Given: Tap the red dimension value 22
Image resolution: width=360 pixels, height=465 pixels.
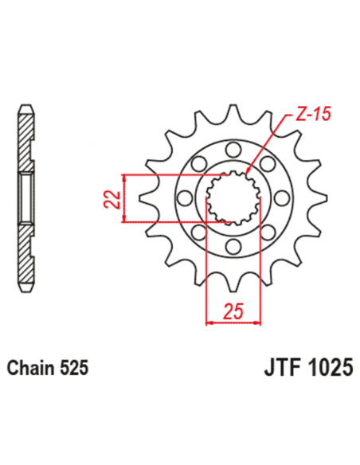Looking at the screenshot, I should pos(114,197).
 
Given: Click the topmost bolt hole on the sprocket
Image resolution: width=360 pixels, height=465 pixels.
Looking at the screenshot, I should pos(233,149).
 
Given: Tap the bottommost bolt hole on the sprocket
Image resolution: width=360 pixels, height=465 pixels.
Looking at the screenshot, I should pos(233,248).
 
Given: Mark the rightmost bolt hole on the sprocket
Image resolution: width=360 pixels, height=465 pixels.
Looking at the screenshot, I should pos(282,198).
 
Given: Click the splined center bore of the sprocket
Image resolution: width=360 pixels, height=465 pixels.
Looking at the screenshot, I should pos(233,198).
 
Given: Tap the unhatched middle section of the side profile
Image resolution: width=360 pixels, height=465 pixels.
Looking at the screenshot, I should pos(26,198).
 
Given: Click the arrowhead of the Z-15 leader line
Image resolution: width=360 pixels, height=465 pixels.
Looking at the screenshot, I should pos(249,172).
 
